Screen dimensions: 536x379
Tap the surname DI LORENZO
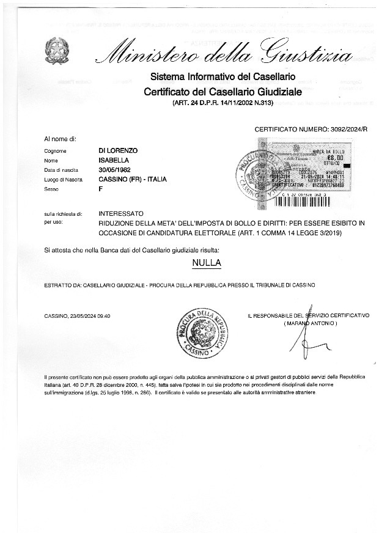click(x=119, y=150)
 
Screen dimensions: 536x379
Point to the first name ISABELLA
click(x=114, y=160)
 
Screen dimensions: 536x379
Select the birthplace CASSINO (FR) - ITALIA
click(x=133, y=179)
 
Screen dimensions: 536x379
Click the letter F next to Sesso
click(x=101, y=189)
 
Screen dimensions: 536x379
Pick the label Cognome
click(x=55, y=151)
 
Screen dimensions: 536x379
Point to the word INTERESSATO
click(x=121, y=215)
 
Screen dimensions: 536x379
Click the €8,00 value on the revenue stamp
click(x=336, y=156)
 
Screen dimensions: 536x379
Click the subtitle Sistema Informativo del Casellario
click(x=223, y=77)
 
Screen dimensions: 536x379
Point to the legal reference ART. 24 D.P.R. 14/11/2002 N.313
click(x=223, y=103)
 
